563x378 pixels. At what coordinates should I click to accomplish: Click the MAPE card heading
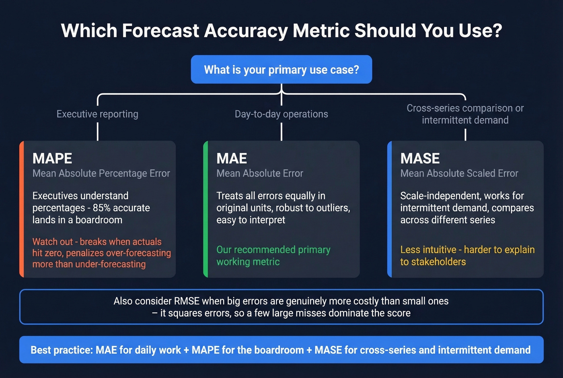[52, 159]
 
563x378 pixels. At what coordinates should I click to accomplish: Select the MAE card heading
[232, 159]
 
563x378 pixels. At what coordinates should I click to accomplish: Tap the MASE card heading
[420, 159]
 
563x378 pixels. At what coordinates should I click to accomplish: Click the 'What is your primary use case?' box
[281, 70]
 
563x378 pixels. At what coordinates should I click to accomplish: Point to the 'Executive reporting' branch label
[97, 114]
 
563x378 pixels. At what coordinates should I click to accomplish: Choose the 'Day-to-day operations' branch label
[281, 114]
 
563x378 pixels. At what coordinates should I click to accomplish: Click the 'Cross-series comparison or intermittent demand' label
[465, 114]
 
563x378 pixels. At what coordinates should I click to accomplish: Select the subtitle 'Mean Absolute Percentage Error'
[101, 174]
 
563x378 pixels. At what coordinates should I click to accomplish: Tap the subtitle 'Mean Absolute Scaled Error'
[459, 174]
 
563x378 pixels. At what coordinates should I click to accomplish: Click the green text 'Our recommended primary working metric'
[273, 256]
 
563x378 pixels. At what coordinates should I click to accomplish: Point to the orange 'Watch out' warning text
[101, 253]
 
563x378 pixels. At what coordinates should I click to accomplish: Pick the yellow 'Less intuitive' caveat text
[467, 256]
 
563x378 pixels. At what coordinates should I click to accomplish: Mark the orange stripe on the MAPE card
[22, 209]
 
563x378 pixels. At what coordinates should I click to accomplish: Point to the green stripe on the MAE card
[205, 209]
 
